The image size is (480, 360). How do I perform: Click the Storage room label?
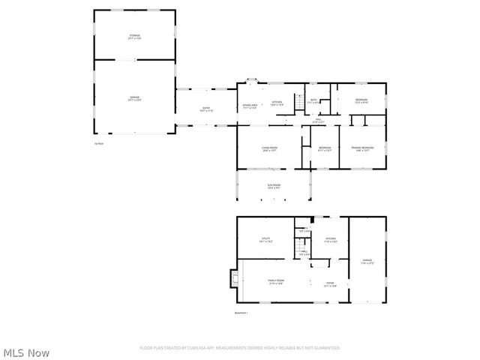tap(134, 37)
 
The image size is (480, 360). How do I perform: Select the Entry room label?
tap(205, 109)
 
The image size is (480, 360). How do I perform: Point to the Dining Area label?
tap(250, 105)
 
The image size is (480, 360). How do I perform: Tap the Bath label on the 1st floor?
tap(315, 100)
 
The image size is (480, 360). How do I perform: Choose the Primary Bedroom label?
tap(362, 148)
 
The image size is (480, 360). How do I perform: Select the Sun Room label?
tap(274, 186)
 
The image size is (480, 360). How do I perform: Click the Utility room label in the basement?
tap(265, 240)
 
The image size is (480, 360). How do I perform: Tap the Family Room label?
tap(276, 281)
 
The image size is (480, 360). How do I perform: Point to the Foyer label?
tap(329, 283)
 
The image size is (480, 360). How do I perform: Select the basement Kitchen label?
tap(331, 241)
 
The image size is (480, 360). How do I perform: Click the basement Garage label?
tap(367, 261)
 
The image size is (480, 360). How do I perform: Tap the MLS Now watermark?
tap(26, 352)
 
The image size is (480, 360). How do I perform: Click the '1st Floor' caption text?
tap(98, 142)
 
